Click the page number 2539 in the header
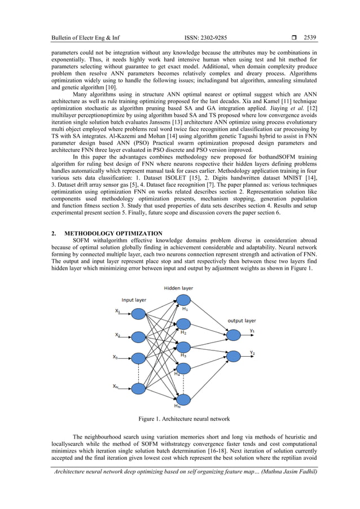click(310, 38)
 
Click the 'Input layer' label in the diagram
click(134, 300)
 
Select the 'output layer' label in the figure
click(242, 321)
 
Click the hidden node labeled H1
click(183, 300)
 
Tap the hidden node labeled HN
click(183, 399)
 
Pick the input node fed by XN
click(139, 388)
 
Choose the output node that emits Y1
click(233, 333)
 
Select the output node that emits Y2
click(233, 356)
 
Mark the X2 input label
click(117, 335)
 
